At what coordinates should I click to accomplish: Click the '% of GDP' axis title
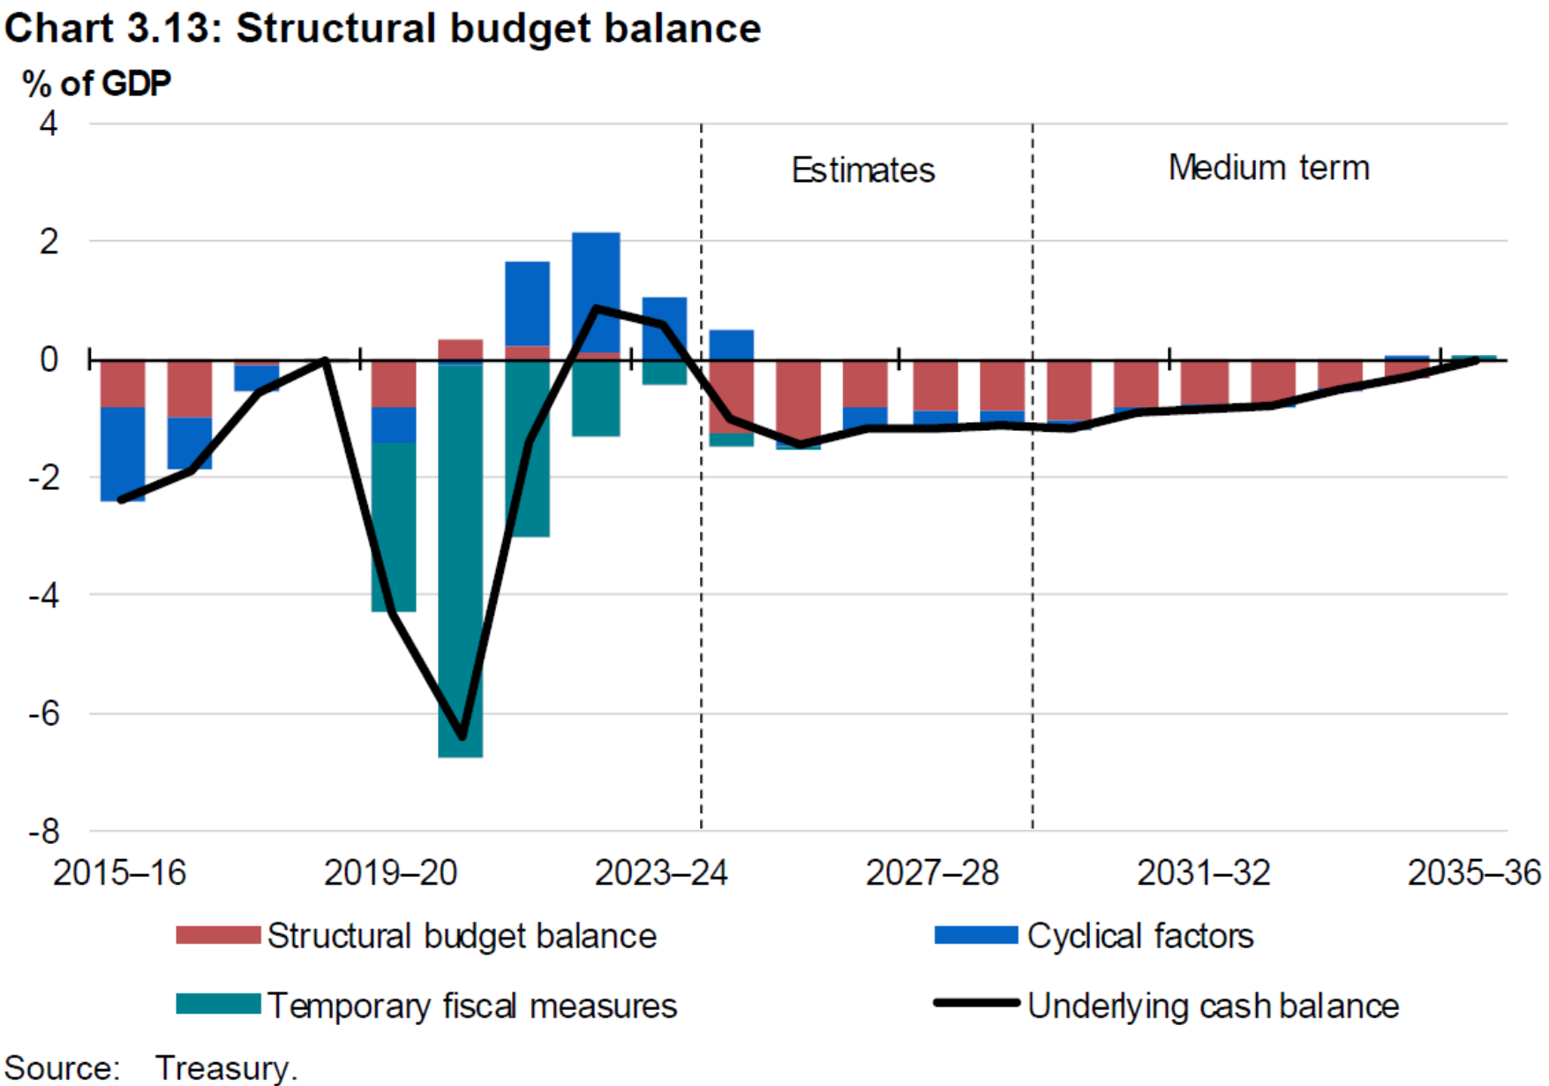point(96,84)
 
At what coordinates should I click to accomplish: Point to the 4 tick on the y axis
point(49,124)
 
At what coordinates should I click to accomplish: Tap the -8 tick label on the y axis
point(44,831)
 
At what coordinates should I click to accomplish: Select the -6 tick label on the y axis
point(44,713)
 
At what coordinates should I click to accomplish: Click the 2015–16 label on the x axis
point(120,873)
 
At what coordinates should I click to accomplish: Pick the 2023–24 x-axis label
point(661,873)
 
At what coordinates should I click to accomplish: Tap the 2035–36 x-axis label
point(1473,873)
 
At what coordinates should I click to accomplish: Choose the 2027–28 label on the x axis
point(932,873)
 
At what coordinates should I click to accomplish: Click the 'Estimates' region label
point(862,170)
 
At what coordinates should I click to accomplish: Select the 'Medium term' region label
point(1268,168)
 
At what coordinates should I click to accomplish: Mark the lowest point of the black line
point(462,736)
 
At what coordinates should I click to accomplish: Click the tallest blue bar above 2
point(596,291)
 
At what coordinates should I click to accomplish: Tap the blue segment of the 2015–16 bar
point(123,454)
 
